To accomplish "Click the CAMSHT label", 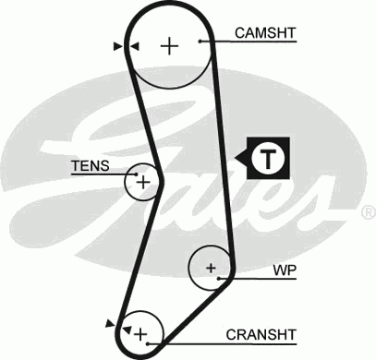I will tap(264, 32).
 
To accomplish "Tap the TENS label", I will tap(90, 166).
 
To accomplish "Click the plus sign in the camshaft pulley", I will tap(169, 45).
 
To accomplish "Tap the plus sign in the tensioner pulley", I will tap(142, 183).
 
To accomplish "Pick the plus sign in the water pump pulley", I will tap(211, 269).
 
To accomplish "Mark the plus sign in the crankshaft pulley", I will tap(141, 330).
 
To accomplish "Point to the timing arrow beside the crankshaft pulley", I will tap(112, 323).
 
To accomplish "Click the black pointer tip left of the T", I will tap(242, 158).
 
